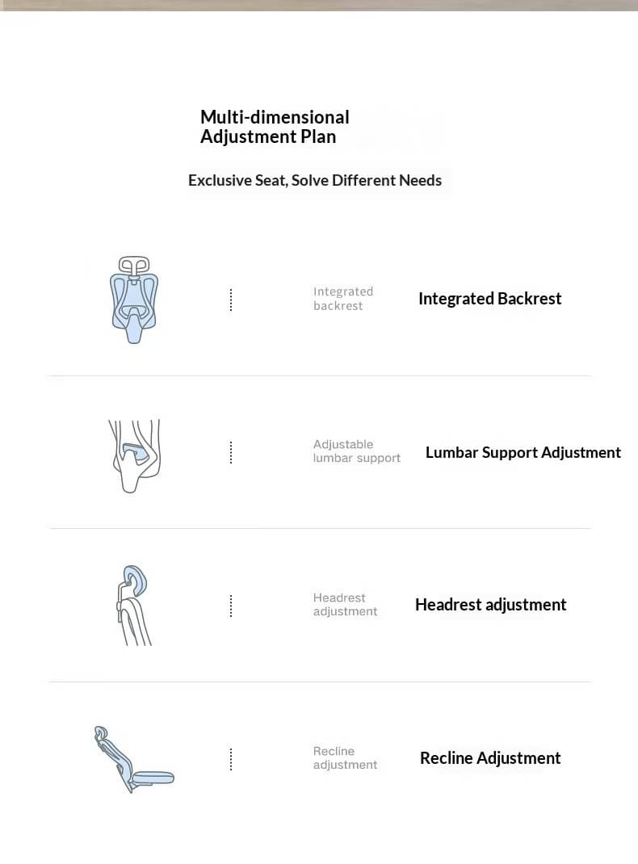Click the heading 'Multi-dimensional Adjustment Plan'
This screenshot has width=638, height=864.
point(275,127)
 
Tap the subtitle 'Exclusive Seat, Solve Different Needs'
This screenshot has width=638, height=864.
point(315,180)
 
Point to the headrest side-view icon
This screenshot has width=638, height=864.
point(134,605)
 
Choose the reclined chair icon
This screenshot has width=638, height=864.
point(132,759)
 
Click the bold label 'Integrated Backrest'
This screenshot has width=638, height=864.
point(489,299)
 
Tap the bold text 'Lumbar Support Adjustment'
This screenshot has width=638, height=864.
point(523,452)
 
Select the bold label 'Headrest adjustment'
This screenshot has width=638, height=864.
point(490,605)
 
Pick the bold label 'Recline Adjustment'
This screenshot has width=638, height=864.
point(490,758)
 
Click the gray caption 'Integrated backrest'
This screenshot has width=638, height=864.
point(343,299)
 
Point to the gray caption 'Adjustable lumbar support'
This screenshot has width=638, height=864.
point(356,451)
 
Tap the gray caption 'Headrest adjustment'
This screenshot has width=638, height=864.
point(345,605)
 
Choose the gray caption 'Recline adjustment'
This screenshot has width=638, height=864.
point(345,758)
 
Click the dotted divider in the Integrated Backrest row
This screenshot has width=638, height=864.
point(231,300)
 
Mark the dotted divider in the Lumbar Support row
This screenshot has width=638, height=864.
point(231,452)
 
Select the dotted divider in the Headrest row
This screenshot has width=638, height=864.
point(231,606)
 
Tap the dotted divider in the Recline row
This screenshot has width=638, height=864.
point(231,759)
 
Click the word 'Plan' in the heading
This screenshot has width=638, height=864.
point(318,136)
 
